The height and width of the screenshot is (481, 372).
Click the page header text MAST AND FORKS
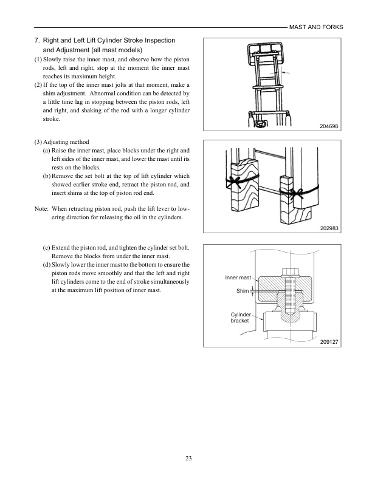point(315,27)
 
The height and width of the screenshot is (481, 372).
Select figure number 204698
point(328,126)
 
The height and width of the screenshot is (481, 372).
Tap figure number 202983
point(328,229)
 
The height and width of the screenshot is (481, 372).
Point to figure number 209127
point(328,343)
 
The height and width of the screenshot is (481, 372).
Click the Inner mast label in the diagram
point(238,278)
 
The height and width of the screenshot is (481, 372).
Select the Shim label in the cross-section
point(243,292)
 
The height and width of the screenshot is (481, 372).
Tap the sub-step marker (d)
point(47,265)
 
